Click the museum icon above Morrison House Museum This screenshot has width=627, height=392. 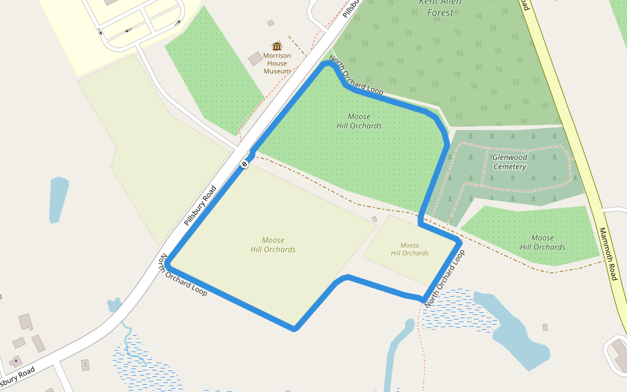[277, 46]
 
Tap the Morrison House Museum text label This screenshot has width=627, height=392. [277, 63]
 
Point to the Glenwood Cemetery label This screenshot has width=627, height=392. [509, 162]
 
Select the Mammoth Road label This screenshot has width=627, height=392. [608, 254]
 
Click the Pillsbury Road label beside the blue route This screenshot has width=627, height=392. [200, 206]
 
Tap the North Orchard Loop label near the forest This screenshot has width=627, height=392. [356, 76]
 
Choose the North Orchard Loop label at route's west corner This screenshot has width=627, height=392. [184, 275]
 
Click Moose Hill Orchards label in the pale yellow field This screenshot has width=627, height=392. [273, 245]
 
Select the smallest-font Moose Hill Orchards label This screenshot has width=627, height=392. [410, 249]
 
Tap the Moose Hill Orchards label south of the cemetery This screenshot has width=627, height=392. [543, 242]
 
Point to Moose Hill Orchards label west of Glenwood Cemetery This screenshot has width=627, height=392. [359, 121]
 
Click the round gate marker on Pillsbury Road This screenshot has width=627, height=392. [244, 164]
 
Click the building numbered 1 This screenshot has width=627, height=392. [85, 365]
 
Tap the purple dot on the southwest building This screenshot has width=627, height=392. [16, 361]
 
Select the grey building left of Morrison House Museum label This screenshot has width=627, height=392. [255, 58]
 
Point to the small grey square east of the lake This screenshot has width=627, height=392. [545, 327]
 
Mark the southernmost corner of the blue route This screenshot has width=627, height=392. [295, 328]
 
